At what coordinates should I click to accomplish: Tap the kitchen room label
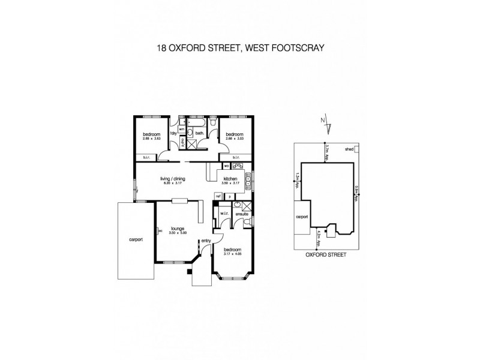click(231, 179)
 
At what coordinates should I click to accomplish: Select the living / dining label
click(172, 179)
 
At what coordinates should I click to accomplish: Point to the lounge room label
click(176, 228)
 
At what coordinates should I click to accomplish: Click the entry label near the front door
click(206, 241)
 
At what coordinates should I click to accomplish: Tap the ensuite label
click(242, 213)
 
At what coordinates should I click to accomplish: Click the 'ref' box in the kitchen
click(218, 196)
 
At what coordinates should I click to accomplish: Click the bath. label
click(199, 133)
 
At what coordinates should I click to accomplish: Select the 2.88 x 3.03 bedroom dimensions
click(233, 139)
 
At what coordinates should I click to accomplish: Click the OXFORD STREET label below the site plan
click(326, 254)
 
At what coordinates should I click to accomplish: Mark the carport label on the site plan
click(301, 217)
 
